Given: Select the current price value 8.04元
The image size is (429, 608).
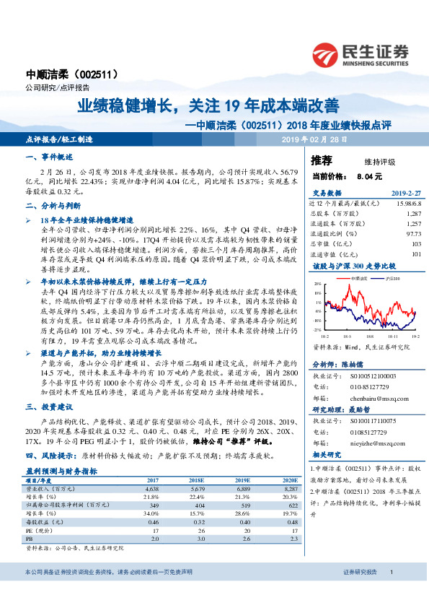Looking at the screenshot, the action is pyautogui.click(x=364, y=176).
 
